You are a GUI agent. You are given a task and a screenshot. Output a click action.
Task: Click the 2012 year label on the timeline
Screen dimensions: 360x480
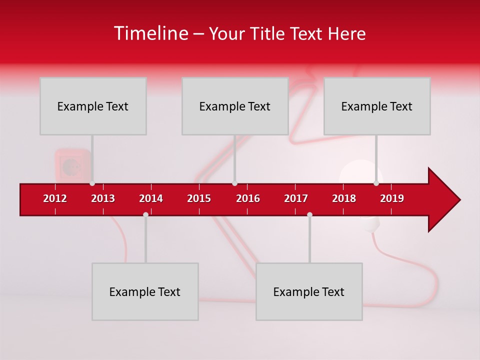[x=55, y=198]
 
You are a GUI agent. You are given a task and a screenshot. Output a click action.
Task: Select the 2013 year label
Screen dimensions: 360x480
[x=103, y=198]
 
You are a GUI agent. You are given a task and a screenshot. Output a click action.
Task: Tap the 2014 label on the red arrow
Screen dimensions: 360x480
[x=151, y=198]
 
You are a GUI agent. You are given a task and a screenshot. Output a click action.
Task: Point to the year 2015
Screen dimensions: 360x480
[x=199, y=198]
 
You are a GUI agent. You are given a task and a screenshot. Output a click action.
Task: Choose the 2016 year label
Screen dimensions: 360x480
[x=248, y=198]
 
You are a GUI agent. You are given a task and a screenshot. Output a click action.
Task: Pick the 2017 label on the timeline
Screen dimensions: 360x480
[x=296, y=198]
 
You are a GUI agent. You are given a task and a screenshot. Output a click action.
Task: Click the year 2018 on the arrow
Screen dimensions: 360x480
[x=344, y=198]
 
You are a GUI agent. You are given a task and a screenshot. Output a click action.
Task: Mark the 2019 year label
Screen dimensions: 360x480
[x=392, y=198]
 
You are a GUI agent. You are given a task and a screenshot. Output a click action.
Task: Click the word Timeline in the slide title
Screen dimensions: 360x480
[x=150, y=33]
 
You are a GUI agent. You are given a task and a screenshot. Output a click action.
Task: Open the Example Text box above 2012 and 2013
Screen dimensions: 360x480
[x=93, y=106]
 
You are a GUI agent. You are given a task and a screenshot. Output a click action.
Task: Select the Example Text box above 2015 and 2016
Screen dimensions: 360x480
[x=235, y=106]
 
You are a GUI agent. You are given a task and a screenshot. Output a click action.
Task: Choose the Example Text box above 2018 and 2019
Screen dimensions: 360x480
[x=377, y=106]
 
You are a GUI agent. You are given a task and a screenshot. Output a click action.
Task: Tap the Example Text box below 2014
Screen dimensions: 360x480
[x=145, y=291]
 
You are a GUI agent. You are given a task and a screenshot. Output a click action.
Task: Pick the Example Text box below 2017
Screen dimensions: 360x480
[x=309, y=291]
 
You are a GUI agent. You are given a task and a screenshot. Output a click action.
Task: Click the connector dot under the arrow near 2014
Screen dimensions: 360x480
[x=145, y=214]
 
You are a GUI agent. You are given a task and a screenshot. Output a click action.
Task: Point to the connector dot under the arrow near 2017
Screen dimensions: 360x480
[x=309, y=214]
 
